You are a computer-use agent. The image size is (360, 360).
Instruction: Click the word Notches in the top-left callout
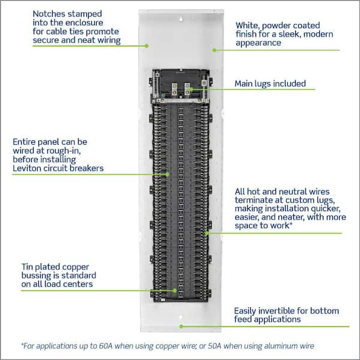[x=50, y=13]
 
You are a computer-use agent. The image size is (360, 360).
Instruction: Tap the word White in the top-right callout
[x=248, y=25]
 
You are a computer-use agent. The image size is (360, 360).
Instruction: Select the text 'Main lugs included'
[x=270, y=83]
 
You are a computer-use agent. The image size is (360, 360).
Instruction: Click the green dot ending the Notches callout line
[x=147, y=46]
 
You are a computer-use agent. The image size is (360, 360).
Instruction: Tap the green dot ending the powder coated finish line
[x=214, y=50]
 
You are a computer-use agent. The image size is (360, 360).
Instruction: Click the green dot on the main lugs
[x=191, y=89]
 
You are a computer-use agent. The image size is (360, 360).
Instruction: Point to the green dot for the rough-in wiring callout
[x=169, y=174]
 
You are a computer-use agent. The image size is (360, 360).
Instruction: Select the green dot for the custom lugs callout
[x=208, y=232]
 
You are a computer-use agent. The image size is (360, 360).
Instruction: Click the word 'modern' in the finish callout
[x=313, y=34]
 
